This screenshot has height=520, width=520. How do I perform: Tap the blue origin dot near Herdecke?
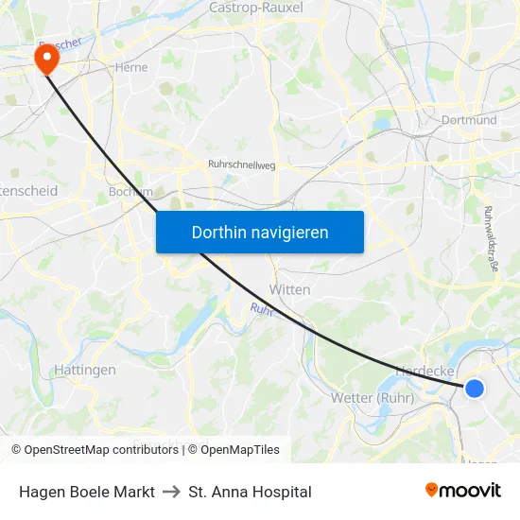tap(475, 389)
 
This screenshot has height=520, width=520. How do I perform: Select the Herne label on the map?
tap(131, 67)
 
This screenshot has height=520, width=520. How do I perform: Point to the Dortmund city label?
tap(469, 120)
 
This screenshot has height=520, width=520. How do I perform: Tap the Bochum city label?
tap(130, 191)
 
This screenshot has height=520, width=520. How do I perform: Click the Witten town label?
tap(289, 289)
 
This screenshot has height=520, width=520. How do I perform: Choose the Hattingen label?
tap(85, 370)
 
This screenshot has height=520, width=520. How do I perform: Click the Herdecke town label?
tap(426, 372)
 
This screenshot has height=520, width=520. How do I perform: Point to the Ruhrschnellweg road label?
tap(241, 165)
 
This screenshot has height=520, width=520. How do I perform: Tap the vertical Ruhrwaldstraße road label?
tap(491, 239)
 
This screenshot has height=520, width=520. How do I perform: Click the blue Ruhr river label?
tap(261, 309)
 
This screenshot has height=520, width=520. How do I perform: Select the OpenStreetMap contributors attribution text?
tap(100, 450)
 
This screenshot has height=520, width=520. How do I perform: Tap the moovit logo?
tap(463, 490)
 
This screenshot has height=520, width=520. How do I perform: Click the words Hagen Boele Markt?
tap(87, 492)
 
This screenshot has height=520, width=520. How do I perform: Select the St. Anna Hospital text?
tap(250, 492)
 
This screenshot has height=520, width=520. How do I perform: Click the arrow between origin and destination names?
tap(171, 492)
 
